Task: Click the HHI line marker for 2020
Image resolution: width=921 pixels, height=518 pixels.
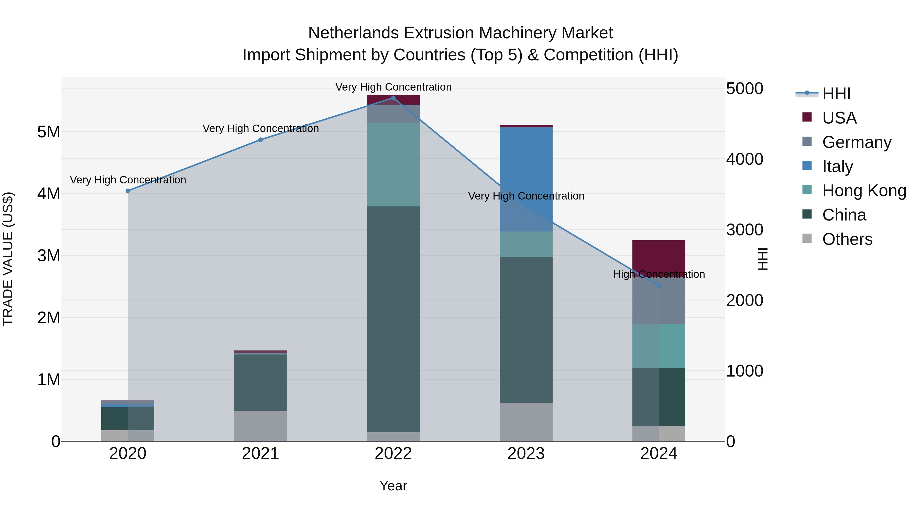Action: [128, 191]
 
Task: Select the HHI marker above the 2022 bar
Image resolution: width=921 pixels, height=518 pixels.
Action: [393, 98]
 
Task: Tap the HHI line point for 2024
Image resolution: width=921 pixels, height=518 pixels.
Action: [659, 286]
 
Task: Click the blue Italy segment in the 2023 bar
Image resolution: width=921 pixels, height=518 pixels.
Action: [526, 179]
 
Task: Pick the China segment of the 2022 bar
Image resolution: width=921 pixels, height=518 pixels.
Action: [393, 318]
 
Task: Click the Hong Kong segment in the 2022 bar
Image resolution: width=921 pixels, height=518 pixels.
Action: [393, 164]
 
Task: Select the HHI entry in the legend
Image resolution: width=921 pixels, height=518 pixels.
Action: [836, 94]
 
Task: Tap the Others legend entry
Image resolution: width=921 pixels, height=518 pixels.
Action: [847, 239]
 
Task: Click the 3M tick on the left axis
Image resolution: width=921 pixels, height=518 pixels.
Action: [49, 256]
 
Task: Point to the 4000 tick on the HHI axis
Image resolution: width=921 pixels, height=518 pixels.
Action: [744, 159]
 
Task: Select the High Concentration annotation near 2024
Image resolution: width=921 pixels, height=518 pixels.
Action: [659, 274]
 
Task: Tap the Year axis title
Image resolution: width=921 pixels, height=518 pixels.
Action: [393, 486]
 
